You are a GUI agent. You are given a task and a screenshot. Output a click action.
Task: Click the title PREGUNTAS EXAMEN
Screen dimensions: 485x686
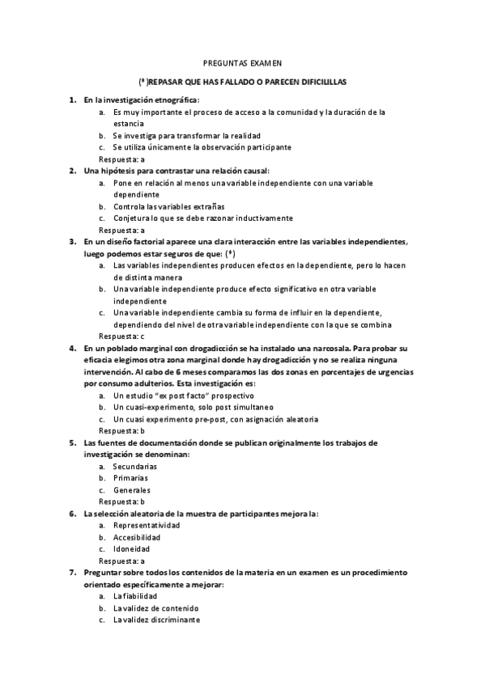(x=241, y=62)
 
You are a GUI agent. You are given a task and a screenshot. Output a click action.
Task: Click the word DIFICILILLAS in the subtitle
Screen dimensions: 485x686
(x=318, y=83)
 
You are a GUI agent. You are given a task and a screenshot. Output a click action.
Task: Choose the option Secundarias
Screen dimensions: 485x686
(x=135, y=467)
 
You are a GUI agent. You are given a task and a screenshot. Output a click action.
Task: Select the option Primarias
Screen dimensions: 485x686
(x=130, y=478)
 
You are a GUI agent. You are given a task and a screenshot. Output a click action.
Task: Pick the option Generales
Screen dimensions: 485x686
(x=131, y=489)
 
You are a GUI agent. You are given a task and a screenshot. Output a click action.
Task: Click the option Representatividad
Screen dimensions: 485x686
(x=147, y=525)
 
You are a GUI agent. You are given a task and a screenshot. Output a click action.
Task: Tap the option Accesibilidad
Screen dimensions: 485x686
(x=137, y=537)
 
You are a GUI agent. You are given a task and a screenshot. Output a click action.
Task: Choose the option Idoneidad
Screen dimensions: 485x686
(x=131, y=548)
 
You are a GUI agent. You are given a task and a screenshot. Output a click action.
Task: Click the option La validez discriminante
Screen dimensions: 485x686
(x=156, y=620)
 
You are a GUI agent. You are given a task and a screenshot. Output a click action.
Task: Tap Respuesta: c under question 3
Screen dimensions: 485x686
(x=121, y=336)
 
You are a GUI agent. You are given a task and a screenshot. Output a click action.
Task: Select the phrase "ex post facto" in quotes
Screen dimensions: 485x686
(x=178, y=396)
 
